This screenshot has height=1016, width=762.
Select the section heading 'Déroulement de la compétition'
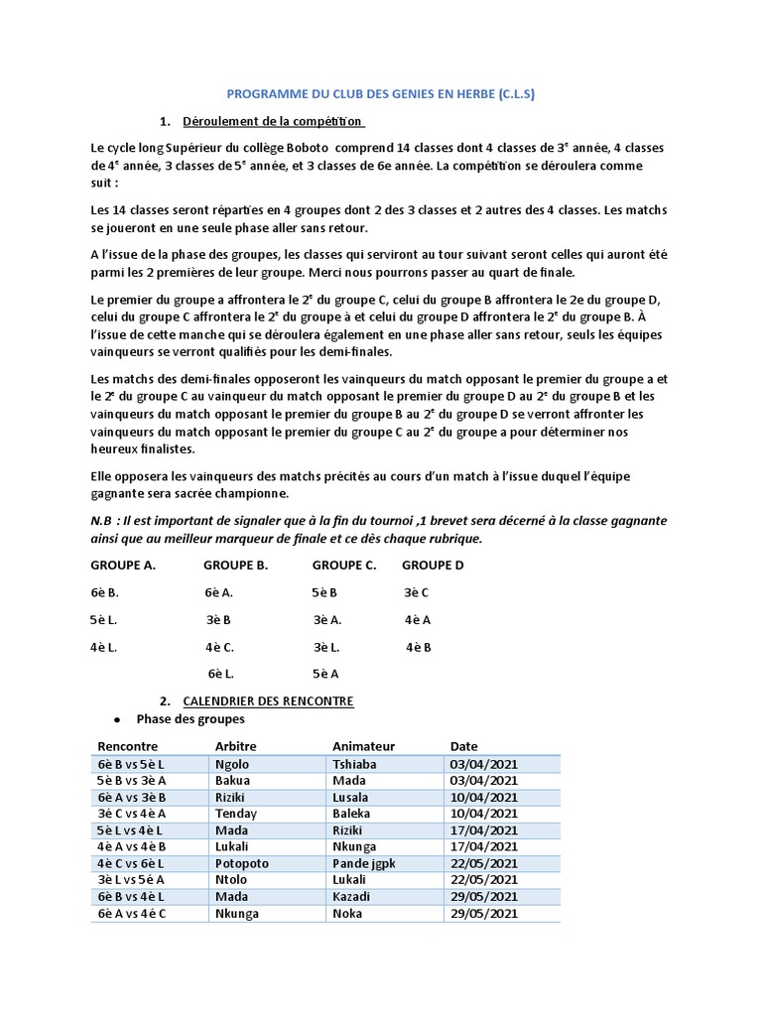273,122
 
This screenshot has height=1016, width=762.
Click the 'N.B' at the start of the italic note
103,521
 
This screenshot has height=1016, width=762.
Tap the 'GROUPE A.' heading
124,566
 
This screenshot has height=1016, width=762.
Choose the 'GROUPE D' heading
433,566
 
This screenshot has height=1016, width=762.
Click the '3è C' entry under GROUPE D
417,593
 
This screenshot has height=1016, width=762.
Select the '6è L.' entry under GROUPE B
221,674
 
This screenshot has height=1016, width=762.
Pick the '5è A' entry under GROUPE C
326,674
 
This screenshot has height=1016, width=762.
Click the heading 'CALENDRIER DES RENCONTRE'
268,700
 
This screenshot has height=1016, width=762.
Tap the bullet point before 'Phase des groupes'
118,719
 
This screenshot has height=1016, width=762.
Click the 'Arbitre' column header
236,746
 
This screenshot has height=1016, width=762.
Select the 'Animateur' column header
363,746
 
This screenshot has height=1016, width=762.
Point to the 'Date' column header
463,746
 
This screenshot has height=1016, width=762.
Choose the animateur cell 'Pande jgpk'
364,863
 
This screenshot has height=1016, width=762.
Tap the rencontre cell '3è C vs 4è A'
134,814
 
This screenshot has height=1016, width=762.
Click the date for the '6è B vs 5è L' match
483,764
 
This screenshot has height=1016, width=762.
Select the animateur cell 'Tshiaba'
356,764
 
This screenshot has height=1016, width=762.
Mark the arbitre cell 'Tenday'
236,814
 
